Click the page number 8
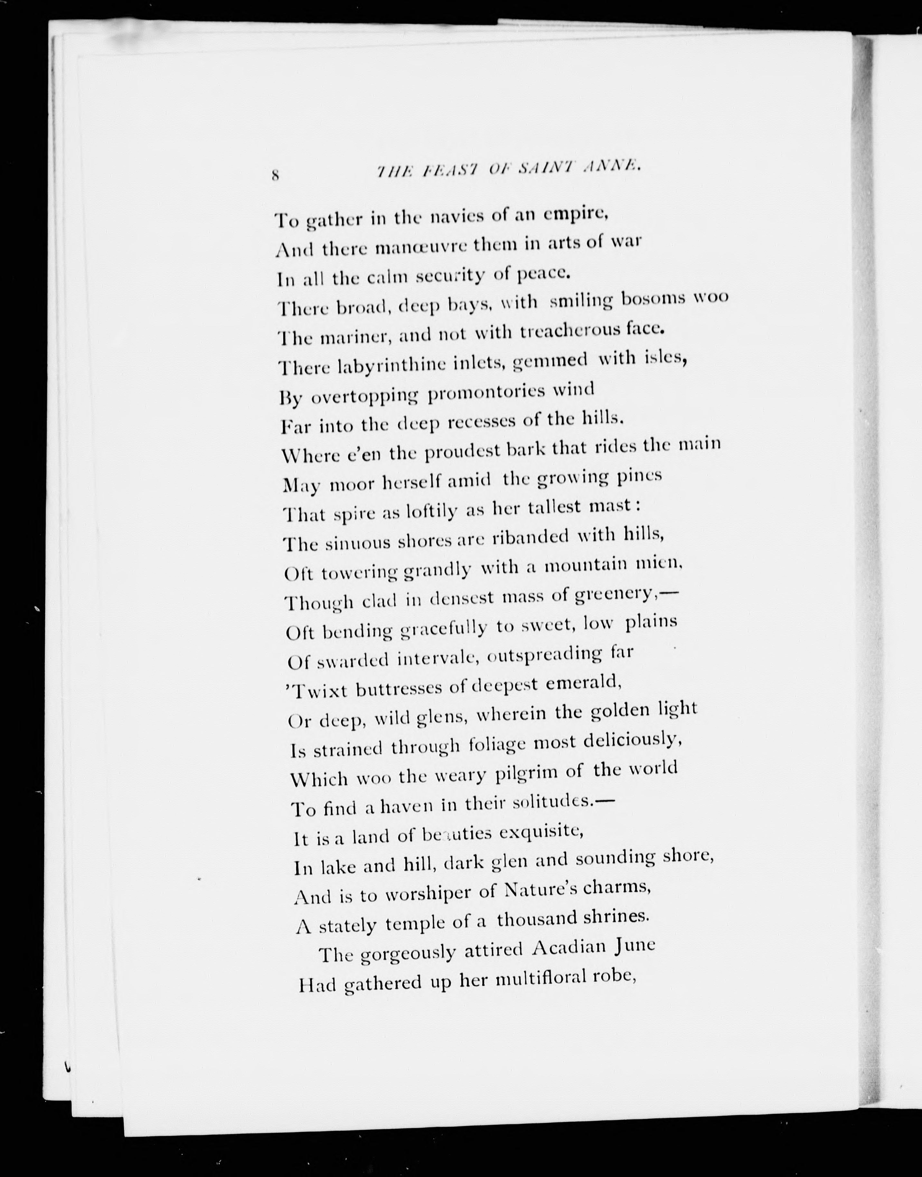point(275,175)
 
